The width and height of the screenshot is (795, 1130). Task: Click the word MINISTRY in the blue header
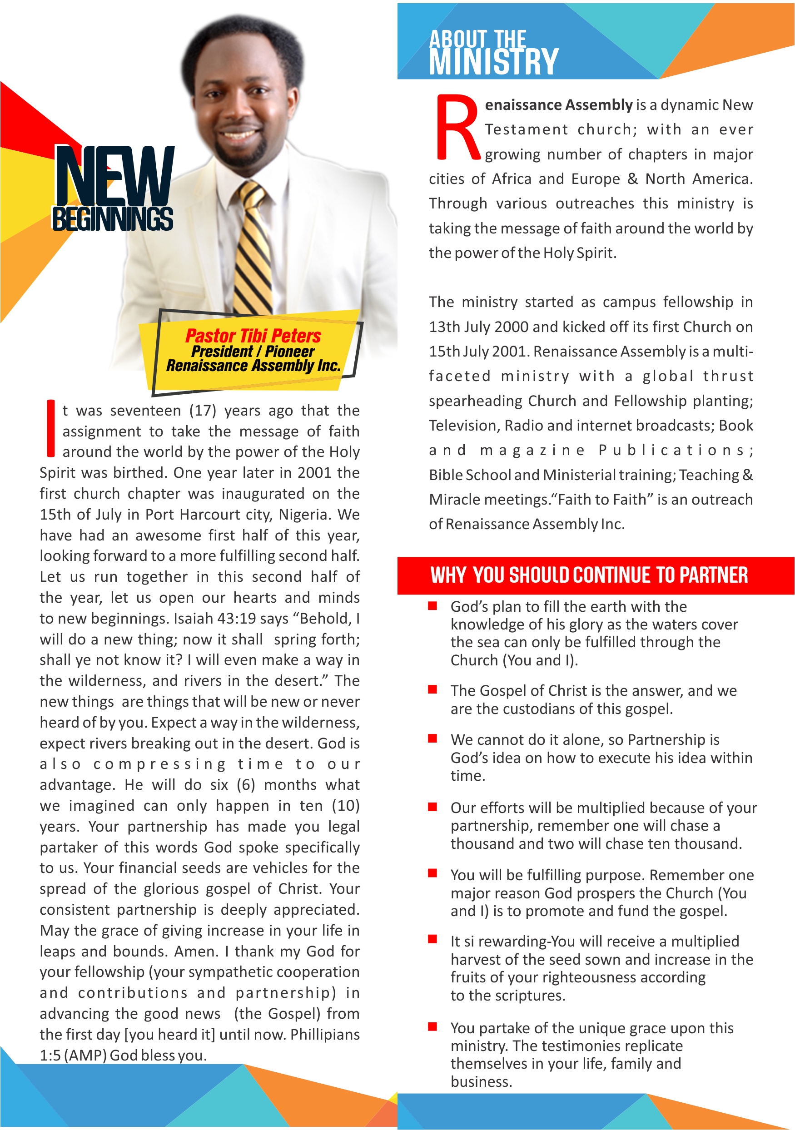coord(493,62)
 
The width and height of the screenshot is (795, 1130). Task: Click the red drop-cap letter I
coord(50,428)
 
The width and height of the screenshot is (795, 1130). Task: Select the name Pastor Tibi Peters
coord(253,336)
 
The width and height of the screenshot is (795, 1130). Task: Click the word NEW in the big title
coord(114,176)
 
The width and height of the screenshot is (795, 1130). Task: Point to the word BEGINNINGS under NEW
coord(112,219)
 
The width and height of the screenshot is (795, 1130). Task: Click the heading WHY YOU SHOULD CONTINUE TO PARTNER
coord(589,575)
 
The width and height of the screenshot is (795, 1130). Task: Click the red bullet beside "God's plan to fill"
coord(432,606)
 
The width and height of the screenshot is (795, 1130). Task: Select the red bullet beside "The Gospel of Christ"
coord(432,689)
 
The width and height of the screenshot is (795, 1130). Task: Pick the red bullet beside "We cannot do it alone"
coord(432,738)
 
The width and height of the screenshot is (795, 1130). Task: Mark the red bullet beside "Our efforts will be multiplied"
coord(432,807)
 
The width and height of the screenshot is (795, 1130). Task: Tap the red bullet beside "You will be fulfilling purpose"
coord(432,873)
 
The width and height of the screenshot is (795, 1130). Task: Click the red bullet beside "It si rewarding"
coord(432,939)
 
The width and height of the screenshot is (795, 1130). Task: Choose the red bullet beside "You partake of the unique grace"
coord(432,1026)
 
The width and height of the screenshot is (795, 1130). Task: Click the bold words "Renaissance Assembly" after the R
coord(558,105)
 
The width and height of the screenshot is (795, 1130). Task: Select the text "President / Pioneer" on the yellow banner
coord(253,352)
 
